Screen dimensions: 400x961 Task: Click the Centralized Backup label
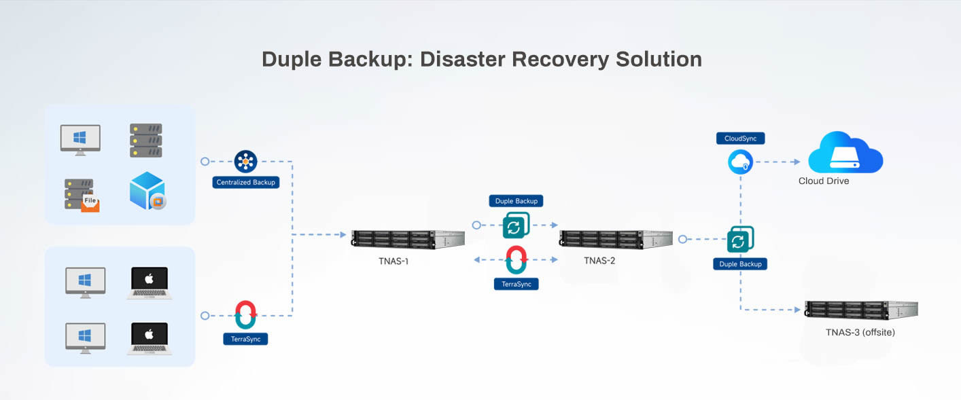[245, 182]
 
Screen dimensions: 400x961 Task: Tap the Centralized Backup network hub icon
[245, 162]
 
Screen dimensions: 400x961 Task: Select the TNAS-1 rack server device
[407, 240]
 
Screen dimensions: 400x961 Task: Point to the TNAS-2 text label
[599, 260]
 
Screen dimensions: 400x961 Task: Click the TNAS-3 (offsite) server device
[860, 310]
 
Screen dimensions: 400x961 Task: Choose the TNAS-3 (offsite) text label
[860, 332]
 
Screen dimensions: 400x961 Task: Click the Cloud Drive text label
[824, 181]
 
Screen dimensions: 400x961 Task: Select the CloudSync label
[740, 138]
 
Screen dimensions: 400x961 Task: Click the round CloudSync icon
[740, 162]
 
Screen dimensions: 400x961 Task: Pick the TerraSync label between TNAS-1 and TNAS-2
[516, 284]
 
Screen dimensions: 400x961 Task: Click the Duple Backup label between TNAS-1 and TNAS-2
[516, 201]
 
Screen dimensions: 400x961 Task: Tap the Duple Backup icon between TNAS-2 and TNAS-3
[740, 240]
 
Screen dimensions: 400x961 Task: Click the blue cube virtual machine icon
[147, 191]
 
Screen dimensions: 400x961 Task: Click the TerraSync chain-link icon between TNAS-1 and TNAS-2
[517, 259]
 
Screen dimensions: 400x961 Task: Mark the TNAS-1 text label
[394, 260]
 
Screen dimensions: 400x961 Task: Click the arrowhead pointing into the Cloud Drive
[796, 162]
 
